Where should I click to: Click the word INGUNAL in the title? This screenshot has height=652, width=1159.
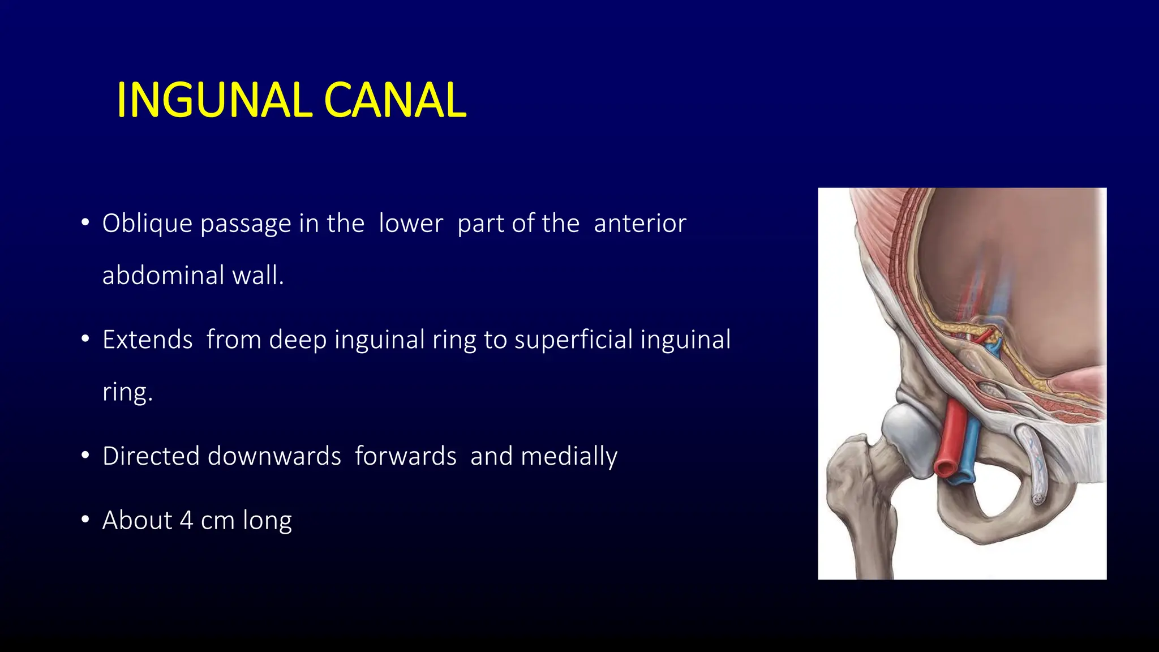tap(213, 100)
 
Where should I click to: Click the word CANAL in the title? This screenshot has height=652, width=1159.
tap(395, 100)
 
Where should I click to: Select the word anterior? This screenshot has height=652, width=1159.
tap(639, 224)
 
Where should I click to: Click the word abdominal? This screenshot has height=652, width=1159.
tap(164, 276)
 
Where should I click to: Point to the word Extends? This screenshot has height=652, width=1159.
tap(147, 340)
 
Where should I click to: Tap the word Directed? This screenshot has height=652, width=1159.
tap(151, 456)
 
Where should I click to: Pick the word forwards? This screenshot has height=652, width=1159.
tap(405, 456)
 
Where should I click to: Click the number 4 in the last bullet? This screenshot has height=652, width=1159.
tap(186, 521)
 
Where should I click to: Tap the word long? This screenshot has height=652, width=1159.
tap(267, 521)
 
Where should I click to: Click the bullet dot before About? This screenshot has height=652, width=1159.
tap(85, 519)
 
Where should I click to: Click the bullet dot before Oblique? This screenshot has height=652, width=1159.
tap(85, 222)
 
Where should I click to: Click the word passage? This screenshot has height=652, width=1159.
tap(245, 224)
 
